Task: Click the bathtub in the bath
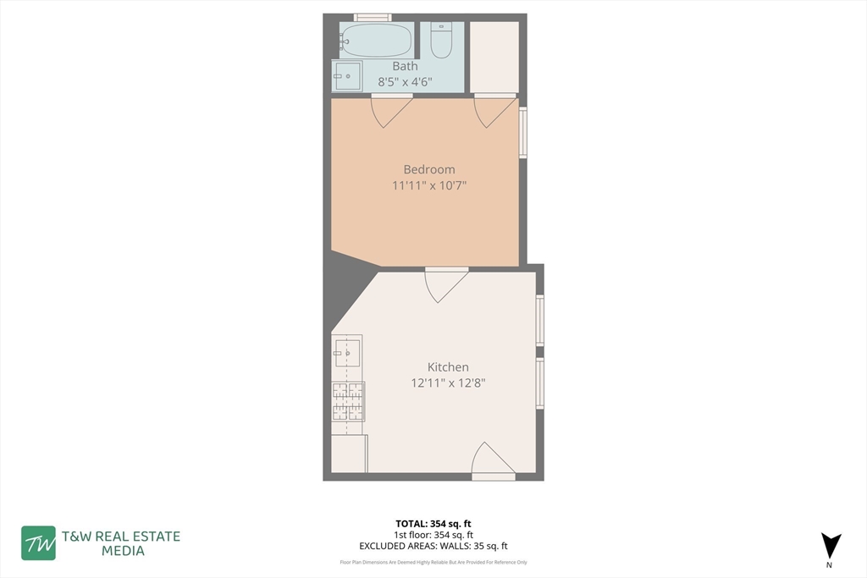click(x=376, y=40)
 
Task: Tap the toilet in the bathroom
click(x=441, y=41)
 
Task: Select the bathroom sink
click(x=347, y=75)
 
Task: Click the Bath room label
click(x=405, y=66)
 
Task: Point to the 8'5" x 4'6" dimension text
click(x=405, y=82)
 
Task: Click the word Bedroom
click(x=429, y=169)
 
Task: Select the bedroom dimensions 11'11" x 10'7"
click(x=429, y=185)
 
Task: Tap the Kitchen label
click(x=448, y=367)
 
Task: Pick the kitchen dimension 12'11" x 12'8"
click(x=448, y=383)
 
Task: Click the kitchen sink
click(x=347, y=351)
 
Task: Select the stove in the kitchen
click(x=347, y=401)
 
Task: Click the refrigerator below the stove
click(x=348, y=454)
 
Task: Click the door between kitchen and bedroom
click(x=445, y=283)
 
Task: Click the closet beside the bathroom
click(x=494, y=57)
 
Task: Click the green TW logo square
click(x=38, y=543)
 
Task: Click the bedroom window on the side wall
click(x=523, y=132)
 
